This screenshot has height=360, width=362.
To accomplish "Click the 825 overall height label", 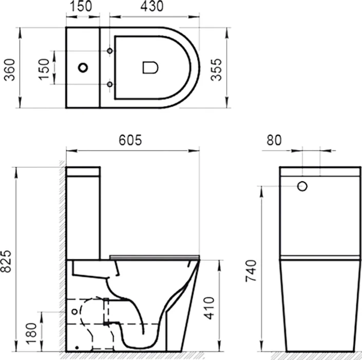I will (8, 266).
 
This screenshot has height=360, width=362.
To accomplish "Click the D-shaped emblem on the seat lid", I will (149, 67).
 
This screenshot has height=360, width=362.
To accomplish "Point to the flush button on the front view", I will (302, 186).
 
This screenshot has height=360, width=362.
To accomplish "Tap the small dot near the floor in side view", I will (76, 347).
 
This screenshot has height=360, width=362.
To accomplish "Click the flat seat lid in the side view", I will (155, 256).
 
